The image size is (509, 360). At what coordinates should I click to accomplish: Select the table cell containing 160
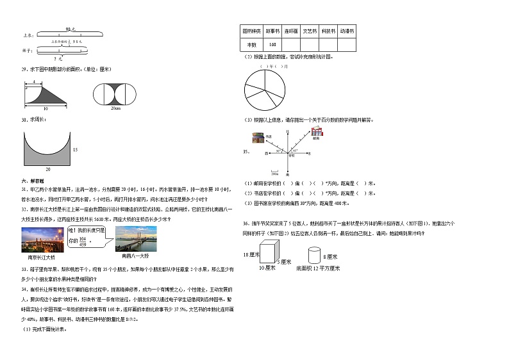(271, 44)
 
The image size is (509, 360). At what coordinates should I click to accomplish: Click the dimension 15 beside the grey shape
(75, 149)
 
